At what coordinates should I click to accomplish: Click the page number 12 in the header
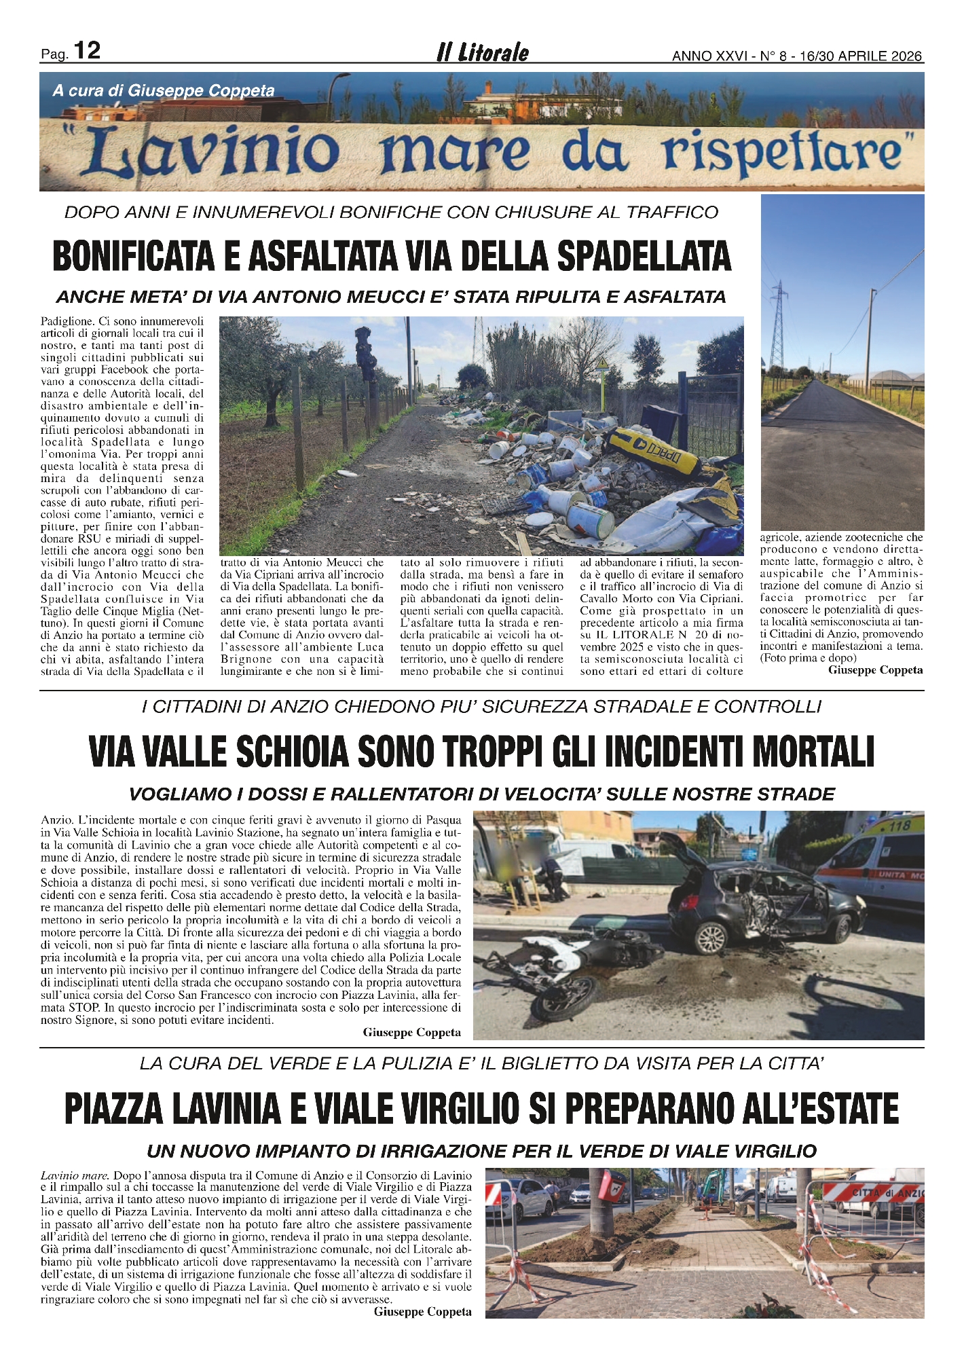[87, 51]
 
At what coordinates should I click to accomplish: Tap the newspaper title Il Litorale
[483, 53]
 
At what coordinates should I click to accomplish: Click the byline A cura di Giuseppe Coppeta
[164, 91]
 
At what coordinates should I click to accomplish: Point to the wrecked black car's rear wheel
[711, 938]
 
